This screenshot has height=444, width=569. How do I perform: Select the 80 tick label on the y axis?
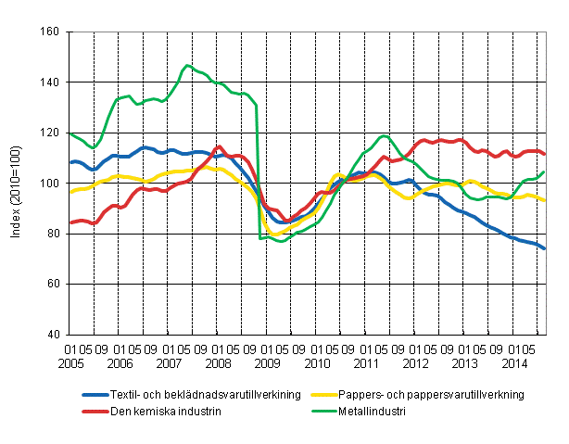point(51,234)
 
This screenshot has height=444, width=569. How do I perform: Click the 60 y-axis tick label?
point(51,284)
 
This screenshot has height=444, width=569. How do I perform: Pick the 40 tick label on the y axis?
point(51,334)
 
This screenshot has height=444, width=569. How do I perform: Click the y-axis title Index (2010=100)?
point(16,184)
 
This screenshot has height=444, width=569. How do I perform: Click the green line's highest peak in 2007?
point(187,65)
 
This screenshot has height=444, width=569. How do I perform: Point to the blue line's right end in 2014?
point(544,248)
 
